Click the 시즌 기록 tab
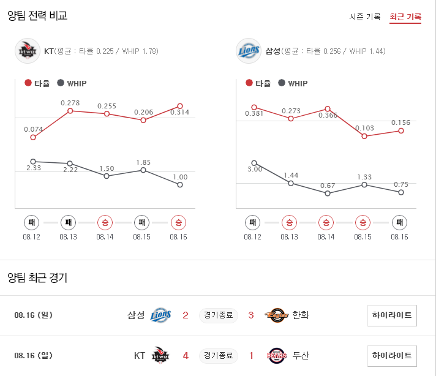click(365, 17)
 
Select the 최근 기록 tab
click(405, 17)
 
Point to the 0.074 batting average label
click(33, 129)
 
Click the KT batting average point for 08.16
click(180, 106)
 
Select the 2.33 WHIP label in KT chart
click(33, 167)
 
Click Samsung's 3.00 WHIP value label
click(254, 169)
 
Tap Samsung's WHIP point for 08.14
click(328, 194)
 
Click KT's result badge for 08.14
click(105, 222)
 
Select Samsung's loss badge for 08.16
click(399, 222)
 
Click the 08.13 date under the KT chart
click(69, 236)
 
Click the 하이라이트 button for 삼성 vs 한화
click(392, 315)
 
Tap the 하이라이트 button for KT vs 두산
click(392, 355)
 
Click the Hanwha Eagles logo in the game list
click(276, 315)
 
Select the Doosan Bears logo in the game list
click(277, 355)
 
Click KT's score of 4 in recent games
click(186, 355)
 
